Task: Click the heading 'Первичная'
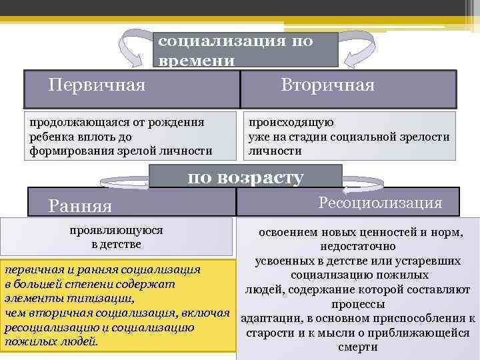[x=97, y=85]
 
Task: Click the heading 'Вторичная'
[x=327, y=85]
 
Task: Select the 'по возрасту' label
[x=245, y=177]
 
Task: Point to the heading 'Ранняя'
[x=80, y=206]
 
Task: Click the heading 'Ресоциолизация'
[x=380, y=203]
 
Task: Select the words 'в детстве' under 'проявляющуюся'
[x=116, y=245]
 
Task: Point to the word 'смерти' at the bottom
[x=358, y=347]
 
